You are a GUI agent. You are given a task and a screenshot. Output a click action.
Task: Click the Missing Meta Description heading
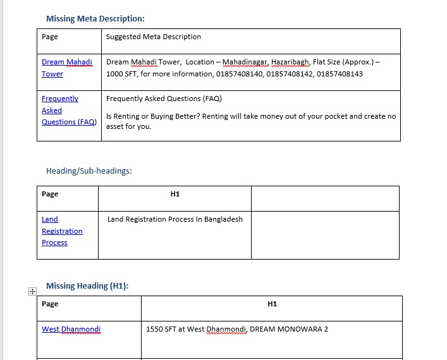click(95, 18)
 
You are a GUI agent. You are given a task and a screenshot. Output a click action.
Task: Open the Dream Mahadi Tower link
click(66, 68)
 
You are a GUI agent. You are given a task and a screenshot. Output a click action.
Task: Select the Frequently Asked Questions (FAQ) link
click(69, 110)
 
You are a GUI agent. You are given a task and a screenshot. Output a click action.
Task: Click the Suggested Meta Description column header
click(154, 37)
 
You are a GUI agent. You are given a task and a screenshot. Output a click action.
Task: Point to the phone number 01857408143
click(340, 74)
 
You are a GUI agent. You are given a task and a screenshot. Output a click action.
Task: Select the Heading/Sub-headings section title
click(89, 171)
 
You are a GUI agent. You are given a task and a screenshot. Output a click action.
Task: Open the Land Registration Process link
click(62, 231)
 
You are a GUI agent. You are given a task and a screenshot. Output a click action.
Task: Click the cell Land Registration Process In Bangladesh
click(175, 219)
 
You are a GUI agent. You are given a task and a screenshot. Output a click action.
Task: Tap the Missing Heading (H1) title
click(87, 285)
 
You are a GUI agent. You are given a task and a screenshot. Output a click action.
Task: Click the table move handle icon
click(32, 291)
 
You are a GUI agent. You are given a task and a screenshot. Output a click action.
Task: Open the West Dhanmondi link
click(71, 329)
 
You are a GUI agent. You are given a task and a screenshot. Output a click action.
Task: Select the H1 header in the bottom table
click(272, 304)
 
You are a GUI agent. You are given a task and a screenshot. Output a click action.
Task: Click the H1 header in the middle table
click(175, 194)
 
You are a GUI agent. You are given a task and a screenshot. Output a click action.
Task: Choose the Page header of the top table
click(50, 37)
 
